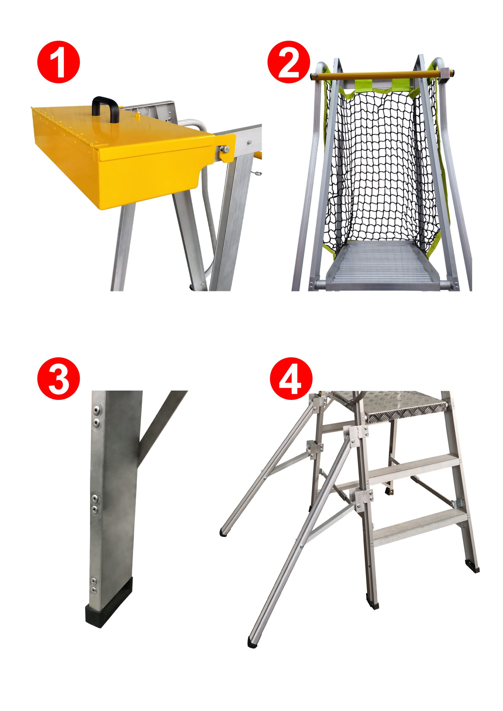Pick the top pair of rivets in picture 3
tap(97, 415)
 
